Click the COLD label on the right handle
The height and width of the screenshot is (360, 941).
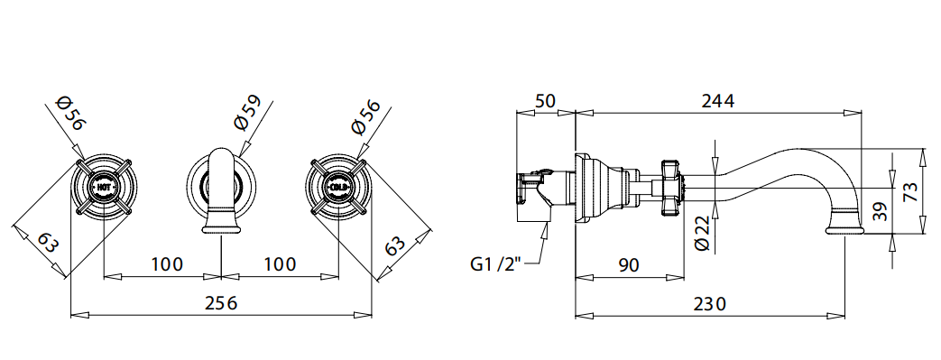coord(337,188)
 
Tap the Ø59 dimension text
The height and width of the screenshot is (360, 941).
coord(248,112)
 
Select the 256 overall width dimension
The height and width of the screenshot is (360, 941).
coord(221,303)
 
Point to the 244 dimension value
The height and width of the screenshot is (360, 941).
coord(718,101)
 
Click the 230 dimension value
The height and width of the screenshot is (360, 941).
coord(709,303)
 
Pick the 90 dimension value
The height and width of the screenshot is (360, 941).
coord(628,264)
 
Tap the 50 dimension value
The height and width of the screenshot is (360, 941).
coord(545,101)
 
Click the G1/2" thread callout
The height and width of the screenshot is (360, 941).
coord(495,264)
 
